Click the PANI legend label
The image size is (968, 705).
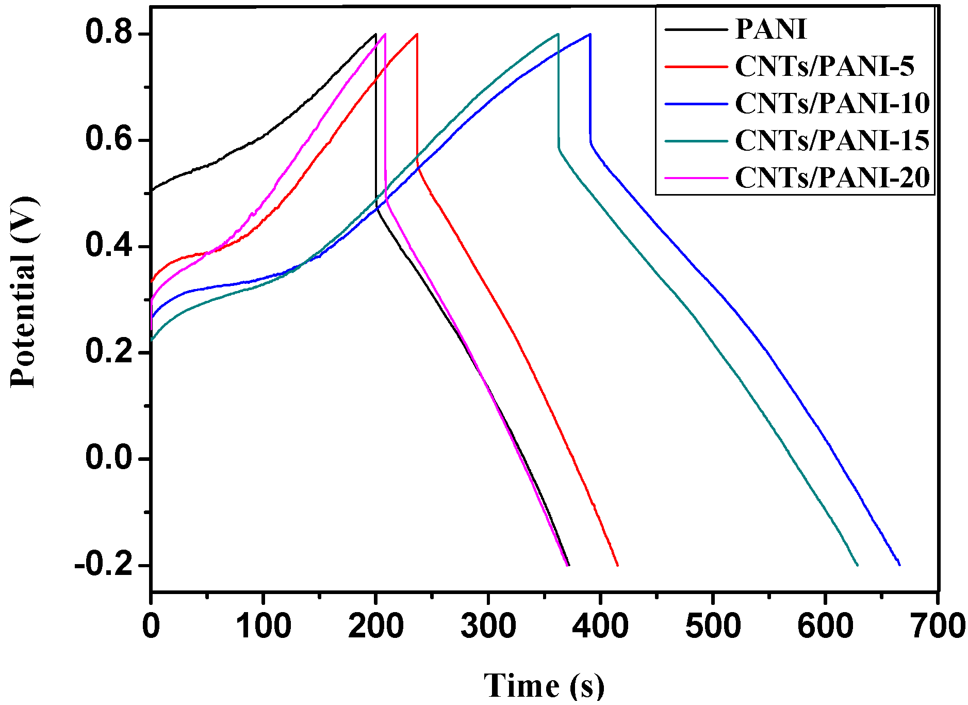click(x=770, y=29)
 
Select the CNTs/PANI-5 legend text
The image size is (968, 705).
click(x=824, y=66)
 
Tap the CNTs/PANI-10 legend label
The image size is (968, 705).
click(x=832, y=103)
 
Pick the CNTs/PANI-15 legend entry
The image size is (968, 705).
click(x=832, y=140)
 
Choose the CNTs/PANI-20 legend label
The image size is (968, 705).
click(x=832, y=178)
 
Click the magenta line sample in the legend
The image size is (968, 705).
click(x=696, y=178)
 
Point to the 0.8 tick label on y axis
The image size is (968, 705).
click(x=109, y=32)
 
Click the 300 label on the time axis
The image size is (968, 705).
click(x=488, y=626)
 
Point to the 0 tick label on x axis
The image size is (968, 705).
click(x=151, y=626)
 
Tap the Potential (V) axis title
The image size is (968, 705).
click(x=23, y=292)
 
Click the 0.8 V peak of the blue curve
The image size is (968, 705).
click(x=590, y=34)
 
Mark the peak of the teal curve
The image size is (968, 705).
click(x=558, y=34)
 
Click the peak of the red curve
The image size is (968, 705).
click(x=417, y=34)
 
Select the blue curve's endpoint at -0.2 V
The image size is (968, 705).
click(x=899, y=565)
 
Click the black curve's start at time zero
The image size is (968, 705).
click(x=152, y=190)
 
